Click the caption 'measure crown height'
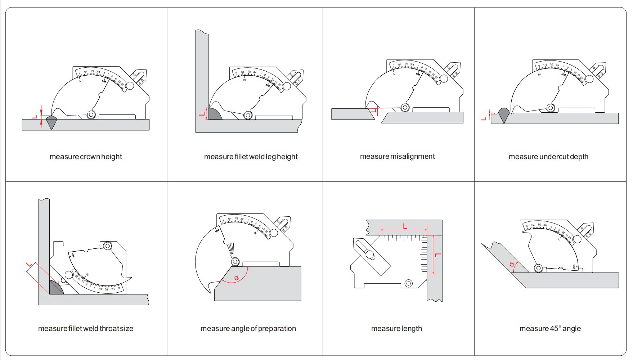pyautogui.click(x=86, y=157)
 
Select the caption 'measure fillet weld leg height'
pyautogui.click(x=251, y=157)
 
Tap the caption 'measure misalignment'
pyautogui.click(x=397, y=156)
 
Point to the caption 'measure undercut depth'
pyautogui.click(x=548, y=157)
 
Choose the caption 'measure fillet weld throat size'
pyautogui.click(x=86, y=328)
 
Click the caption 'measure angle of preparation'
pyautogui.click(x=248, y=328)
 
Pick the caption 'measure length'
pyautogui.click(x=396, y=328)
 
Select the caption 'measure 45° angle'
pyautogui.click(x=550, y=328)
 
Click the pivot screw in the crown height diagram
pyautogui.click(x=91, y=115)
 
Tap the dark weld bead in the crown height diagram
pyautogui.click(x=51, y=121)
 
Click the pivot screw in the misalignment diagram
pyautogui.click(x=405, y=107)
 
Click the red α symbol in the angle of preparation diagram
pyautogui.click(x=237, y=278)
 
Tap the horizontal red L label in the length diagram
pyautogui.click(x=405, y=226)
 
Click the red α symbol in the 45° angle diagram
pyautogui.click(x=512, y=265)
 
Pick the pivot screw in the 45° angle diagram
pyautogui.click(x=538, y=268)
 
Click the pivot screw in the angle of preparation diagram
pyautogui.click(x=235, y=262)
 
